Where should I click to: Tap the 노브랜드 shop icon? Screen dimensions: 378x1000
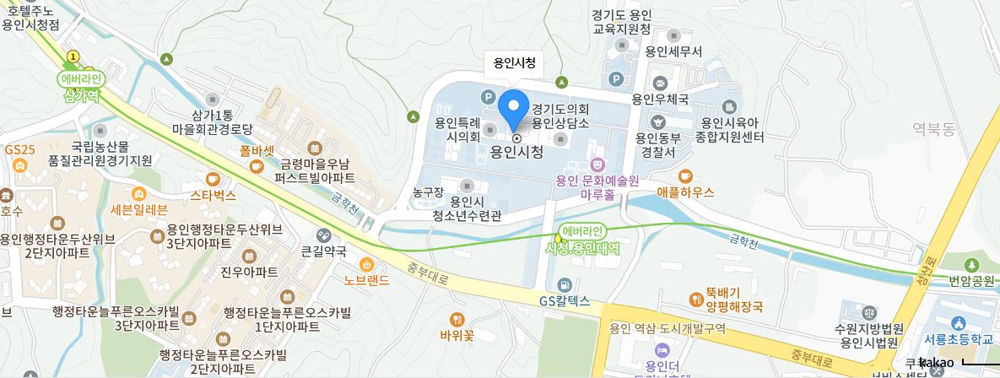click(366, 264)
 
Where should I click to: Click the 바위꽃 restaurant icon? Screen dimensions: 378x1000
click(457, 320)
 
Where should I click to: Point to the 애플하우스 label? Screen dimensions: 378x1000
click(684, 192)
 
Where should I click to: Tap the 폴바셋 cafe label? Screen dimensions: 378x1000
click(257, 152)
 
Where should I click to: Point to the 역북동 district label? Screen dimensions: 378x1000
click(932, 128)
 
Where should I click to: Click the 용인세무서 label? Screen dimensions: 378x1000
click(673, 51)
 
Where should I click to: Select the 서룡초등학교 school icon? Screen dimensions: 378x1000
click(958, 323)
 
